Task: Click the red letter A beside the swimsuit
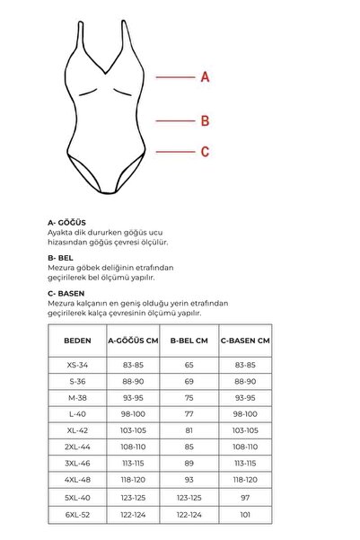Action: tap(205, 77)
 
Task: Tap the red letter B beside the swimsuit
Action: tap(205, 120)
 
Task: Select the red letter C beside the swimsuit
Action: tap(205, 153)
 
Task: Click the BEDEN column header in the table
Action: tap(77, 341)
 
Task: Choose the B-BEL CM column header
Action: tap(189, 341)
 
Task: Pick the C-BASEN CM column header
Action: tap(245, 341)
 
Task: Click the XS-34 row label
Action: tap(77, 366)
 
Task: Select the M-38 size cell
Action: tap(77, 397)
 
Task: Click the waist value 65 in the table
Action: tap(189, 366)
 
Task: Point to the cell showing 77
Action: tap(189, 413)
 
